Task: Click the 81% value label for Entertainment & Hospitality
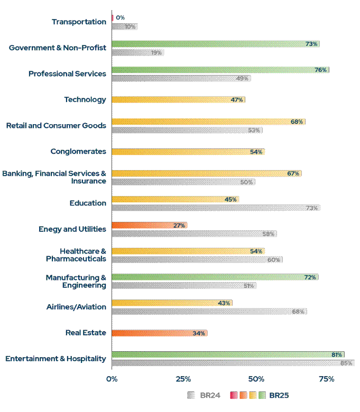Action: tap(337, 355)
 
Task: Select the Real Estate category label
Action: tap(86, 333)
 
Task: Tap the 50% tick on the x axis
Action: tap(256, 379)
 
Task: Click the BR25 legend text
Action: tap(279, 395)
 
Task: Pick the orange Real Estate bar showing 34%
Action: tap(159, 333)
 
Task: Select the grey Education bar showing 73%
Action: tap(216, 208)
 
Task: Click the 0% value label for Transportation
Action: tap(120, 17)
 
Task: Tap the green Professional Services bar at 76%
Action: tap(220, 70)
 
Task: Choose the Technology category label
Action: tap(85, 99)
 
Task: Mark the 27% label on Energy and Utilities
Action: tap(179, 226)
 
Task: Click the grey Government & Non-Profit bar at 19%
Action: tap(137, 52)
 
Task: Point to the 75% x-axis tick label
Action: tap(327, 379)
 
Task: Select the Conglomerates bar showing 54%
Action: tap(188, 152)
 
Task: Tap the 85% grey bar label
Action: tap(346, 363)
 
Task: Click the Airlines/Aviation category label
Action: tap(77, 307)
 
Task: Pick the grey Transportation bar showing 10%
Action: tap(124, 26)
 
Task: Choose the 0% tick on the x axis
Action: tap(112, 379)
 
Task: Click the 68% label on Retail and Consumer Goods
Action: tap(297, 122)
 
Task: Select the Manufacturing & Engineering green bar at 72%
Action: tap(215, 277)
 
